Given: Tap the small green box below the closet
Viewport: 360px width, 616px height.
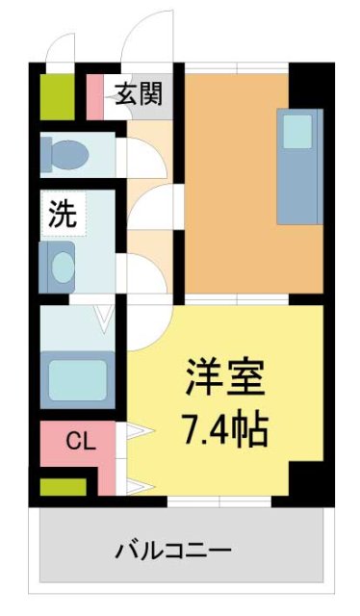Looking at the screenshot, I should click(x=62, y=487).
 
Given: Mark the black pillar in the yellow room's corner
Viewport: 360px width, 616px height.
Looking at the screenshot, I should click(x=307, y=482).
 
